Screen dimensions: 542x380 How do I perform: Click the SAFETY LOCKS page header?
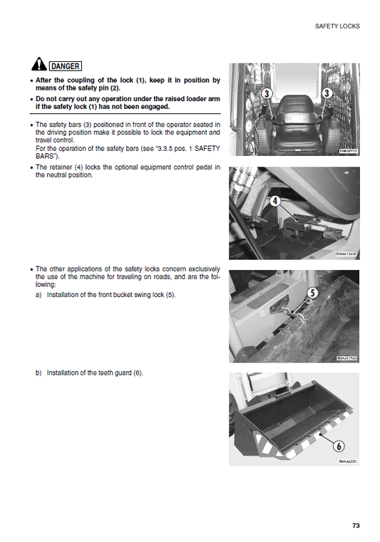(x=337, y=26)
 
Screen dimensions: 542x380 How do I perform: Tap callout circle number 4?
(x=275, y=202)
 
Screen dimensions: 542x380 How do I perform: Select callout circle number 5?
(x=312, y=293)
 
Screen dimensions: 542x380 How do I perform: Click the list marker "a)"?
(x=38, y=295)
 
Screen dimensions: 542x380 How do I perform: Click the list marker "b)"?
(x=38, y=372)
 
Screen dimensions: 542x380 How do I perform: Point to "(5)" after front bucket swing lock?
(x=170, y=295)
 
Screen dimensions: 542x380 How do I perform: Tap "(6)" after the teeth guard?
(x=138, y=372)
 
